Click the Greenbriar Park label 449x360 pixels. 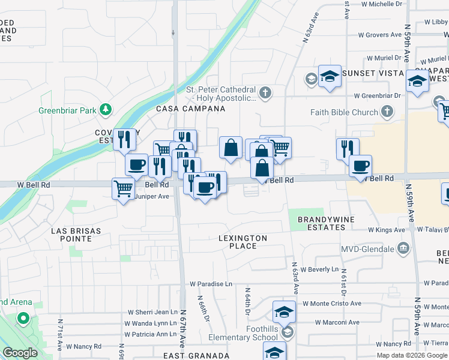pos(67,110)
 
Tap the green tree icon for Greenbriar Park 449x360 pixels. pos(106,109)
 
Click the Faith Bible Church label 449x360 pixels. pos(344,112)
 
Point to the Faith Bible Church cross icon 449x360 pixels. pos(387,111)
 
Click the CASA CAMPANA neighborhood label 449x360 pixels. pos(191,109)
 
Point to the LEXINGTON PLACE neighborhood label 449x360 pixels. pos(243,242)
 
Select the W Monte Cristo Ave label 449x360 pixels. pos(332,304)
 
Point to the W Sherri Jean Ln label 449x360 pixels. pos(154,313)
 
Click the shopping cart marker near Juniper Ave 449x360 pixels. pos(124,189)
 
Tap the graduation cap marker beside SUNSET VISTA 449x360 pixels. pos(330,76)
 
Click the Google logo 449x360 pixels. pos(20,353)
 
